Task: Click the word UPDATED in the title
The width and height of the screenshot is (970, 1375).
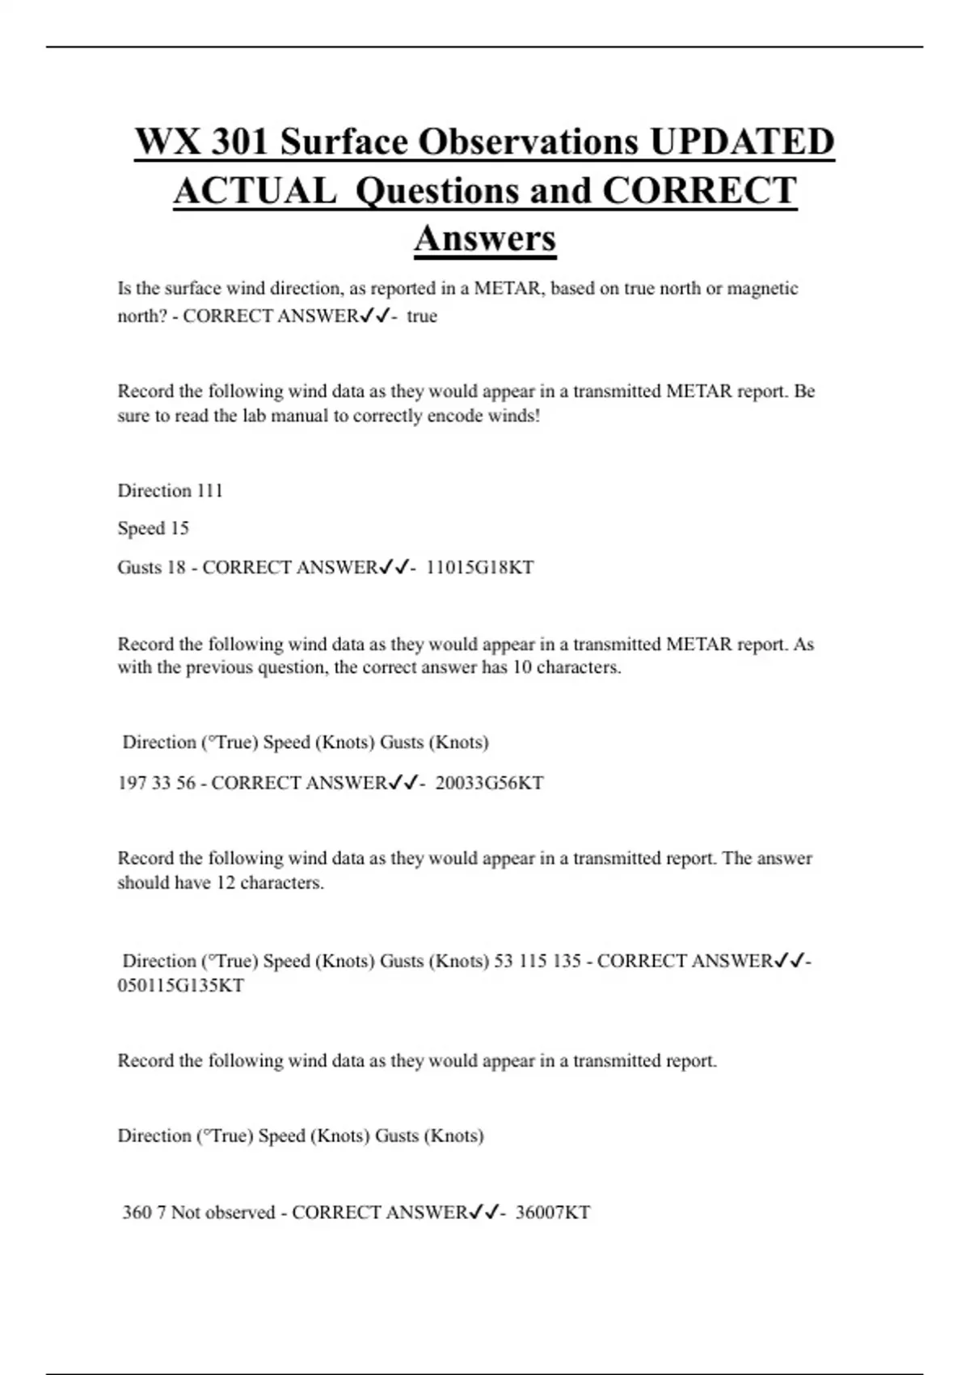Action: point(741,142)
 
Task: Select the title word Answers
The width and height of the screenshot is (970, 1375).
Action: point(485,239)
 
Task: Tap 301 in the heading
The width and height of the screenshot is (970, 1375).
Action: point(238,142)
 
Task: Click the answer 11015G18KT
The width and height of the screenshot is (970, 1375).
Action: point(480,568)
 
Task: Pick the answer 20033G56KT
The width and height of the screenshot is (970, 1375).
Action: point(489,783)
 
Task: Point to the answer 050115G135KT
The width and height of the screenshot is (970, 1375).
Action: point(180,986)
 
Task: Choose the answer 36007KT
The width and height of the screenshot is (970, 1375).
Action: point(553,1212)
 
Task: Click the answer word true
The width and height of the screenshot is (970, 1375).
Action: point(422,316)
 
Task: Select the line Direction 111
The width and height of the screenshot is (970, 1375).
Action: point(170,491)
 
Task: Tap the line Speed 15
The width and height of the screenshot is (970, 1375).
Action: point(153,529)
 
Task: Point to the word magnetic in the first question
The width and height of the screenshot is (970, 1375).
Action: point(762,289)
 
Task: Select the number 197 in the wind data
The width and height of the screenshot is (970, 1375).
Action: point(132,783)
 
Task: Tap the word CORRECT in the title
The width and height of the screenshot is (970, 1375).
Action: point(699,191)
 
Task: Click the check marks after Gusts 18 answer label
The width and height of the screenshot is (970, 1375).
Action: point(394,568)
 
